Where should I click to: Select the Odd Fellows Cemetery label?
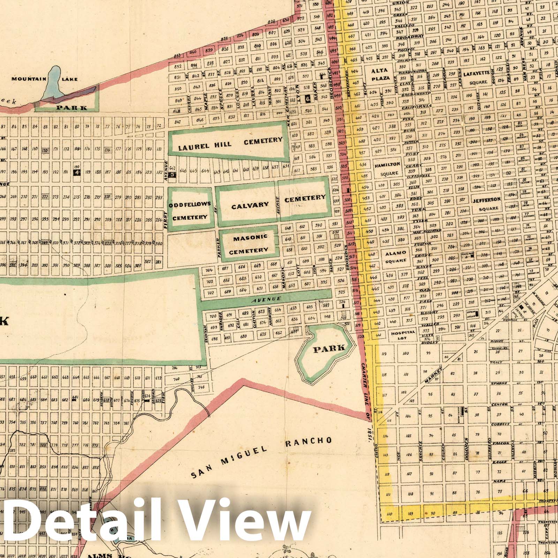(190, 211)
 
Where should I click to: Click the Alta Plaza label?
(379, 75)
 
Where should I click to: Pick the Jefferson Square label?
(486, 204)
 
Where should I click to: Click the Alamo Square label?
(395, 256)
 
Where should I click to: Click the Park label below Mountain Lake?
(73, 108)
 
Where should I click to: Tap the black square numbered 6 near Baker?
(307, 99)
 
